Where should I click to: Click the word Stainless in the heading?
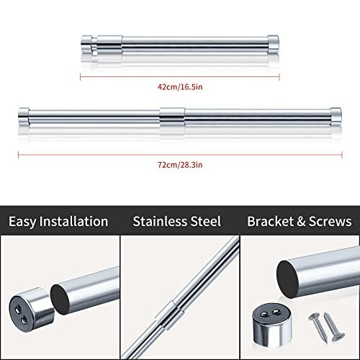pyautogui.click(x=161, y=221)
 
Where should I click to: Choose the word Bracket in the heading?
pyautogui.click(x=270, y=221)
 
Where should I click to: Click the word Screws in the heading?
pyautogui.click(x=329, y=221)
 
